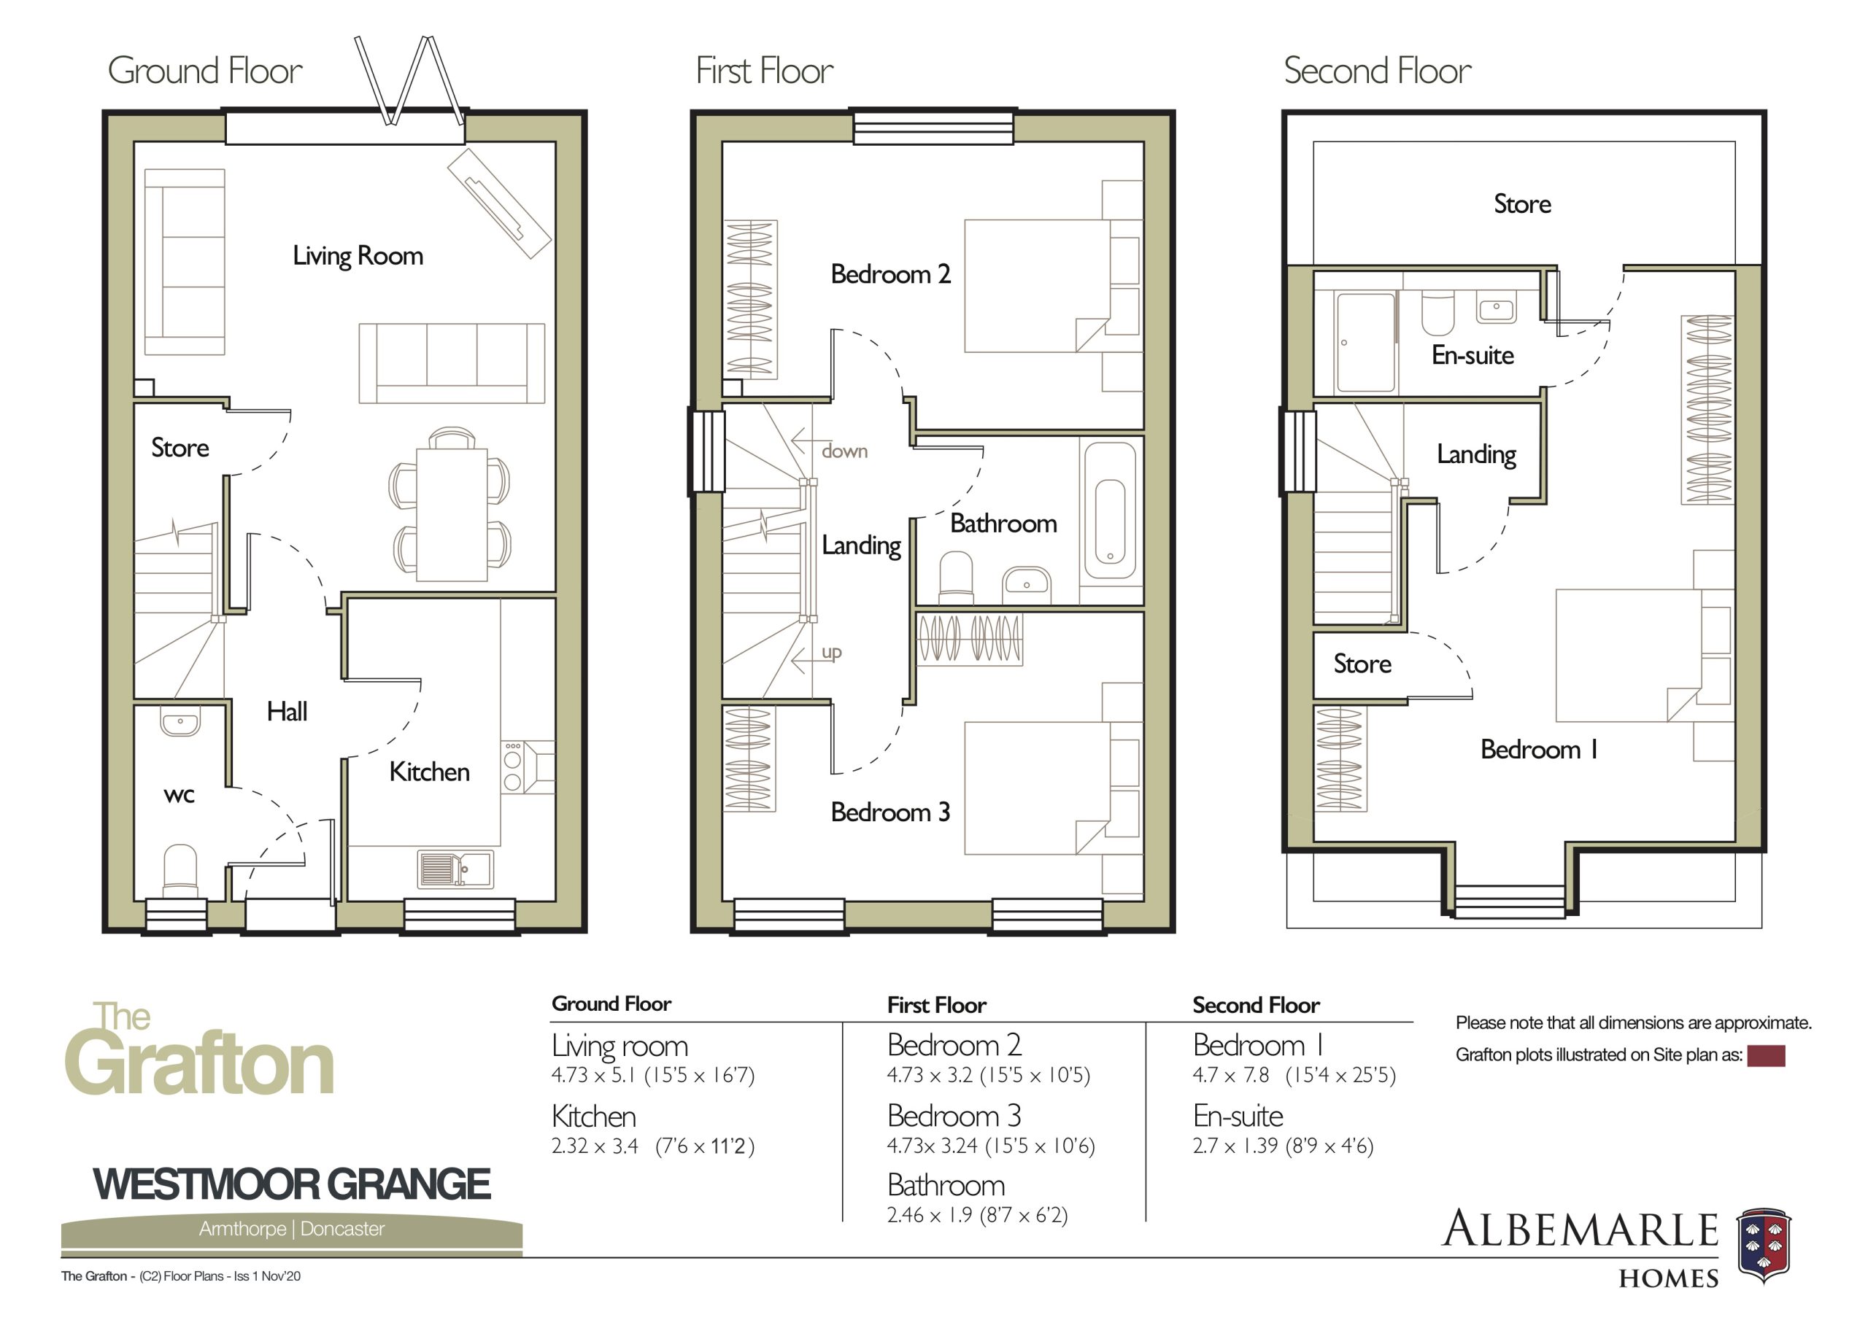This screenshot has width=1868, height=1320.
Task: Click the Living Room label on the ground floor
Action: tap(358, 256)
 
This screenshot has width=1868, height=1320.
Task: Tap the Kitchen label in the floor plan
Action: tap(430, 772)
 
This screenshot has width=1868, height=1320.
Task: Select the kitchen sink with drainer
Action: tap(455, 869)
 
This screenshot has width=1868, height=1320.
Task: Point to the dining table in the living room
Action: tap(452, 515)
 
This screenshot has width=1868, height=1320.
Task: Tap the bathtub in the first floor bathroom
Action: tap(1111, 510)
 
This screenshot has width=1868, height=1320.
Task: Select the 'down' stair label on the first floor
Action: tap(844, 451)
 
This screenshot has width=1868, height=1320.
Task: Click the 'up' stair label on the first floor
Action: tap(832, 651)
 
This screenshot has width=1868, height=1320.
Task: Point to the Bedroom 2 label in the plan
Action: tap(890, 274)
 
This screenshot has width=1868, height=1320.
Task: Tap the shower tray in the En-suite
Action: tap(1365, 343)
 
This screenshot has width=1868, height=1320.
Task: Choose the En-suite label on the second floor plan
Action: tap(1473, 355)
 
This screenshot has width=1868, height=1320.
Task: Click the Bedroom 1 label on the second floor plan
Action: tap(1538, 749)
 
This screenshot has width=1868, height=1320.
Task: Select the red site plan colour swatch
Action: tap(1767, 1057)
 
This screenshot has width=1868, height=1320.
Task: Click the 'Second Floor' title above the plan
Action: tap(1378, 71)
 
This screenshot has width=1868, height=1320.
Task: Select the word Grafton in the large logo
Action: tap(200, 1064)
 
